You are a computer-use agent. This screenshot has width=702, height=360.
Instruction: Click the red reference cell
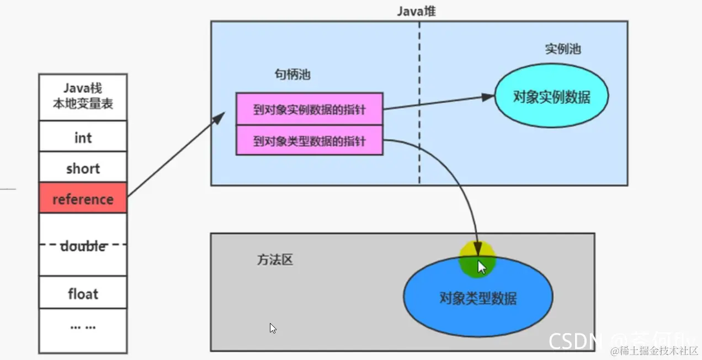pyautogui.click(x=83, y=199)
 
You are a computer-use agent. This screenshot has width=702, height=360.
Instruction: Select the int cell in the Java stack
pyautogui.click(x=83, y=137)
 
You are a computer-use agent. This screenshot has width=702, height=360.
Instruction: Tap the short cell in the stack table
pyautogui.click(x=83, y=168)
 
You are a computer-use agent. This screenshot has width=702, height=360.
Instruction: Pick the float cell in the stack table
pyautogui.click(x=83, y=294)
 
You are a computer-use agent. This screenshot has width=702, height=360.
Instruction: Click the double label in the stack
pyautogui.click(x=83, y=246)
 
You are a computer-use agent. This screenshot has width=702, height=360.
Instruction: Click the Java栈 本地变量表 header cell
pyautogui.click(x=83, y=97)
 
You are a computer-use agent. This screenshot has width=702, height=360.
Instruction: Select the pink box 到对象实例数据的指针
pyautogui.click(x=309, y=109)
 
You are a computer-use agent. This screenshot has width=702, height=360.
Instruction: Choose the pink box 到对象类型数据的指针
pyautogui.click(x=309, y=141)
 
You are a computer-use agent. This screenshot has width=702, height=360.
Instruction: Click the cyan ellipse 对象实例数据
pyautogui.click(x=551, y=97)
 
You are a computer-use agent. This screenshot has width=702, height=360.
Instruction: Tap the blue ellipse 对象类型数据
pyautogui.click(x=478, y=299)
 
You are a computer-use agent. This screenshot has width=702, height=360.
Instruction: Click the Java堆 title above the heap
pyautogui.click(x=416, y=11)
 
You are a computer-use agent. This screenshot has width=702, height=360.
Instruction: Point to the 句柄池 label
pyautogui.click(x=292, y=75)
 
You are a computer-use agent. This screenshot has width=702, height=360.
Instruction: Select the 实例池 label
pyautogui.click(x=562, y=49)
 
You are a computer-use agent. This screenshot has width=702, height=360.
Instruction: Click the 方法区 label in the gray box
pyautogui.click(x=274, y=260)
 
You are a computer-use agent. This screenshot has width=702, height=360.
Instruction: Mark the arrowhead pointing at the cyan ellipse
pyautogui.click(x=488, y=97)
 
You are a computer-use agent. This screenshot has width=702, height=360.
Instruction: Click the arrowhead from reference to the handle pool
pyautogui.click(x=220, y=117)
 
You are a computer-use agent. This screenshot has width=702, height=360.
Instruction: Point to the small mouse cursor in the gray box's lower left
pyautogui.click(x=273, y=328)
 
